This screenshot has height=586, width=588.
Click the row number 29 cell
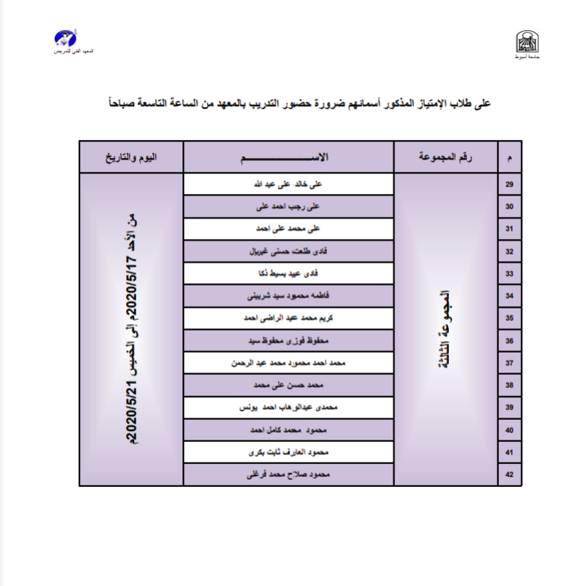point(509,185)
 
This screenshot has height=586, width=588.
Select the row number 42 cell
point(509,475)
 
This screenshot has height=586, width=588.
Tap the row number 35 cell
point(509,318)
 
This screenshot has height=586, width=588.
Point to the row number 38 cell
point(509,385)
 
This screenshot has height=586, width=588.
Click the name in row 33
point(289,274)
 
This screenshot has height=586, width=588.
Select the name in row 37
point(288,363)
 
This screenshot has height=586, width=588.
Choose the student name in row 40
point(288,430)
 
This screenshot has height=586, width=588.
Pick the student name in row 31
point(288,229)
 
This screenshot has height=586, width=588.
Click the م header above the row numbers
point(510,157)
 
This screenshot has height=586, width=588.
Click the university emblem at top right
point(523,42)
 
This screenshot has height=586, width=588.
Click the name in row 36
point(288,340)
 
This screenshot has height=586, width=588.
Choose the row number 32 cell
point(509,252)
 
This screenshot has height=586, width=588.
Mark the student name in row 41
point(288,453)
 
